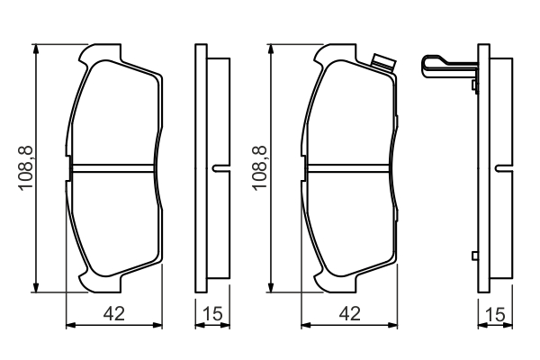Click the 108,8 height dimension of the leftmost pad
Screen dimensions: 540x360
click(26, 167)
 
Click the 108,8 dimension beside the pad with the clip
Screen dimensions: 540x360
click(260, 167)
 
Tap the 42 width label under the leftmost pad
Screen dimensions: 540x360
click(114, 313)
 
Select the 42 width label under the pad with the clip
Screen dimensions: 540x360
click(349, 313)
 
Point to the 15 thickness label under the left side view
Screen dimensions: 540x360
click(212, 313)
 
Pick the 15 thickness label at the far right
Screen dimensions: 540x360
click(495, 313)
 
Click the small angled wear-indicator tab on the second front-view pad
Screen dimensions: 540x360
click(383, 63)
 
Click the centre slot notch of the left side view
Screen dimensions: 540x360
click(220, 168)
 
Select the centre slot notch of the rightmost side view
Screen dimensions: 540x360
click(504, 168)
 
